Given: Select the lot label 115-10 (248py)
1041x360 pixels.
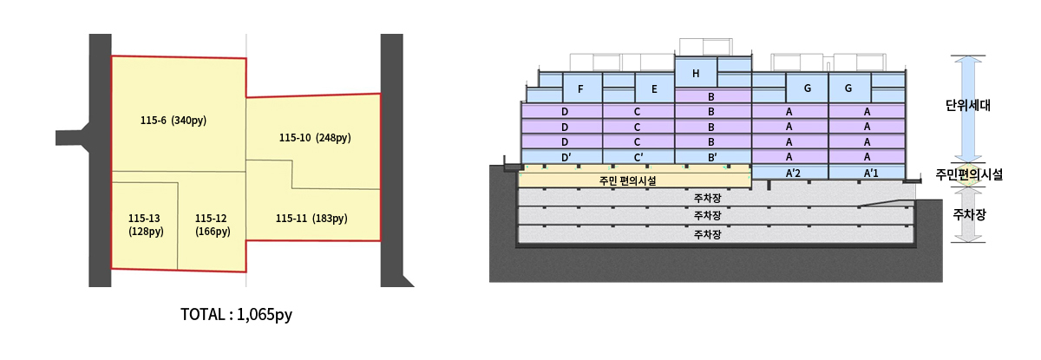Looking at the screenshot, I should [x=315, y=138].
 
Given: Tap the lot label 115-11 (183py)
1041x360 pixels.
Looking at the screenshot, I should [x=311, y=219].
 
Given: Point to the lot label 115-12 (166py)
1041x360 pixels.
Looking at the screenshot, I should [x=213, y=225].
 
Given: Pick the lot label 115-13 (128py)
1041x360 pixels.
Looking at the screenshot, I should [x=145, y=225].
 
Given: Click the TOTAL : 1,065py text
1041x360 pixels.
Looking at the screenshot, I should [x=236, y=315].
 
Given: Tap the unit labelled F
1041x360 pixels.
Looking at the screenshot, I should [x=579, y=88].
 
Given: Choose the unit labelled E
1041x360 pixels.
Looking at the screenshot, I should [x=654, y=88].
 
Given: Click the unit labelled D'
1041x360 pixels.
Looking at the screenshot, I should [x=565, y=157].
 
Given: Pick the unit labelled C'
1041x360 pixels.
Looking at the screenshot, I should [x=638, y=157].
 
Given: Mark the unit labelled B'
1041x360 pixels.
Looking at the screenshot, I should [x=711, y=157].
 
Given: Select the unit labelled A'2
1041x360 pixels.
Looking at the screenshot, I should [x=792, y=173].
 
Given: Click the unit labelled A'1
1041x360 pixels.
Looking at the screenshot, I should [x=867, y=173].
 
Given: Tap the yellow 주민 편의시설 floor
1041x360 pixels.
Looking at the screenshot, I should [x=634, y=180].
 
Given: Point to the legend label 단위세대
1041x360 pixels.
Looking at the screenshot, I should [x=968, y=106].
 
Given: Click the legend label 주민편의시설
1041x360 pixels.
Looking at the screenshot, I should [x=969, y=174].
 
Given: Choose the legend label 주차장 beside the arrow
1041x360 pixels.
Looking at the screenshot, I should [x=969, y=213].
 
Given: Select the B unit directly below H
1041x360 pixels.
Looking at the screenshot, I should [x=711, y=96].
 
